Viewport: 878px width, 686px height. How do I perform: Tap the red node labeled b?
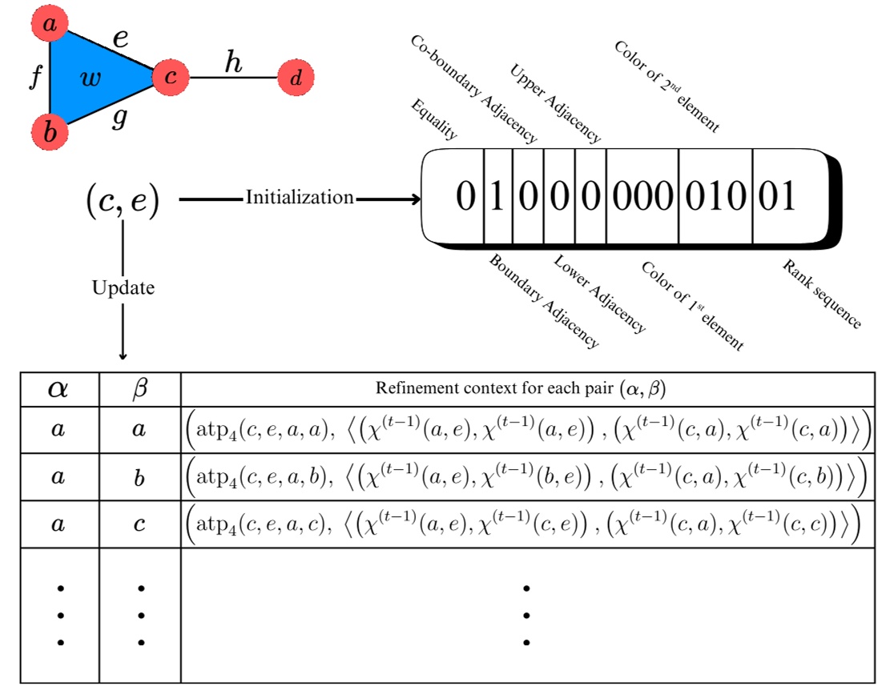pos(50,131)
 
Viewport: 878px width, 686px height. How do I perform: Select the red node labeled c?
pos(171,78)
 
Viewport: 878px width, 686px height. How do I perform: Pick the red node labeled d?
pos(296,78)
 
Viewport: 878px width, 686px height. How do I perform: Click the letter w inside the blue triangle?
pos(93,78)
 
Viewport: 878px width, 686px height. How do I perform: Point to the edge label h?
pos(233,62)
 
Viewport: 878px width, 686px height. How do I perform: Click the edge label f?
pos(34,79)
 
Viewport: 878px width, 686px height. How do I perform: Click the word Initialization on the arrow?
pos(300,198)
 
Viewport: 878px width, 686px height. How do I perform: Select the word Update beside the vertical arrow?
pos(123,288)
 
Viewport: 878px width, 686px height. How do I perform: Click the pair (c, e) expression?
pos(123,200)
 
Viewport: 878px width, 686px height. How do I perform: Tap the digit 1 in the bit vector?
pos(497,197)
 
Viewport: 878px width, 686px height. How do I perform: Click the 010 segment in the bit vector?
pos(715,197)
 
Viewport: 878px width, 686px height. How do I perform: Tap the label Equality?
pos(433,120)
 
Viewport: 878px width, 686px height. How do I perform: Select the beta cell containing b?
pos(139,477)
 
